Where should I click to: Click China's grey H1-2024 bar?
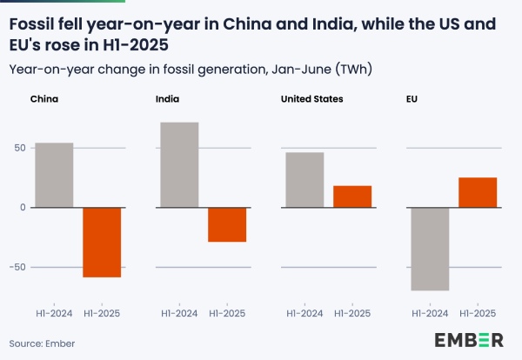53,175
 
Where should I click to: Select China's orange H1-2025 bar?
102,242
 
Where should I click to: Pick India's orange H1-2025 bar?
227,224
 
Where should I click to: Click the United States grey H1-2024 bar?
304,180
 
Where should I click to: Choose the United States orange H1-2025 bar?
352,197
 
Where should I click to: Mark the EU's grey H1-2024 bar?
430,249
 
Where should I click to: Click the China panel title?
44,99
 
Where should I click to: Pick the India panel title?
168,99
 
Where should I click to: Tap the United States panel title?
311,99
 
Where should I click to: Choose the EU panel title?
412,99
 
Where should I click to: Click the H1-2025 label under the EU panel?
478,311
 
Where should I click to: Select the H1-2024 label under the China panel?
53,311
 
